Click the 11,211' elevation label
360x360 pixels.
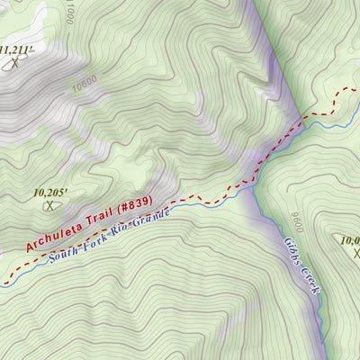[16, 49]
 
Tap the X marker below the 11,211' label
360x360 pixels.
[14, 63]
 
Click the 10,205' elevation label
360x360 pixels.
[51, 192]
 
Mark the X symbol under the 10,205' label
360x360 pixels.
[50, 206]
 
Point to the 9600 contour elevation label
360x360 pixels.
[294, 220]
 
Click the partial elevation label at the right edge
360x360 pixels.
[350, 239]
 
